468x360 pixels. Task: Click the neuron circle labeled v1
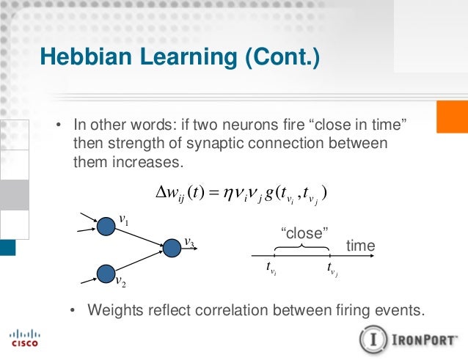[x=106, y=226]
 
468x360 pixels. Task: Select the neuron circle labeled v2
[x=106, y=273]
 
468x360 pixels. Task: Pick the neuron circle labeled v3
[x=172, y=248]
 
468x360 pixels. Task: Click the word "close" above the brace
[x=304, y=233]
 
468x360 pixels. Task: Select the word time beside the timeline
[x=360, y=246]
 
